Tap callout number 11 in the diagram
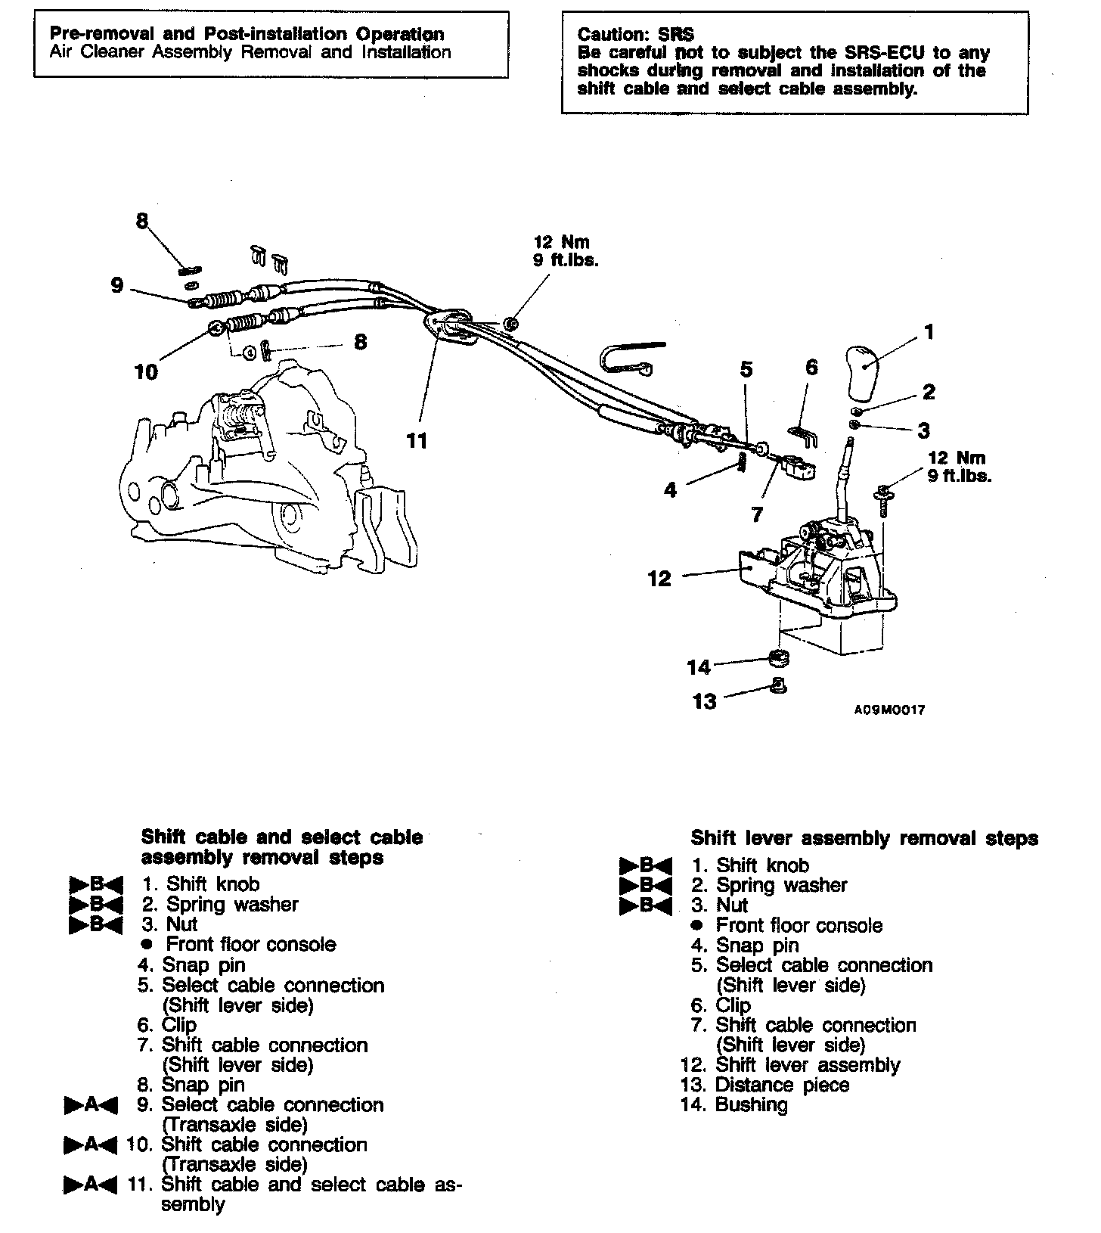(417, 440)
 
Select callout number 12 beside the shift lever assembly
(659, 579)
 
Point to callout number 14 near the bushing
(699, 667)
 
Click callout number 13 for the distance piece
(704, 702)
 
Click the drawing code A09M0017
(889, 710)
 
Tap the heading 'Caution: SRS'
(635, 35)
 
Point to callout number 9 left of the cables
(116, 286)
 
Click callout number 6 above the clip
(811, 368)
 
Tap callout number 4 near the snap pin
(670, 490)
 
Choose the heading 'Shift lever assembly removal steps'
(864, 838)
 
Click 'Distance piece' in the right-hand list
(783, 1085)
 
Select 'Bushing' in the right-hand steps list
(751, 1105)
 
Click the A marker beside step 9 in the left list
(91, 1105)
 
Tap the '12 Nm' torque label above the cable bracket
(561, 243)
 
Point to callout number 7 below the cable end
(757, 514)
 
